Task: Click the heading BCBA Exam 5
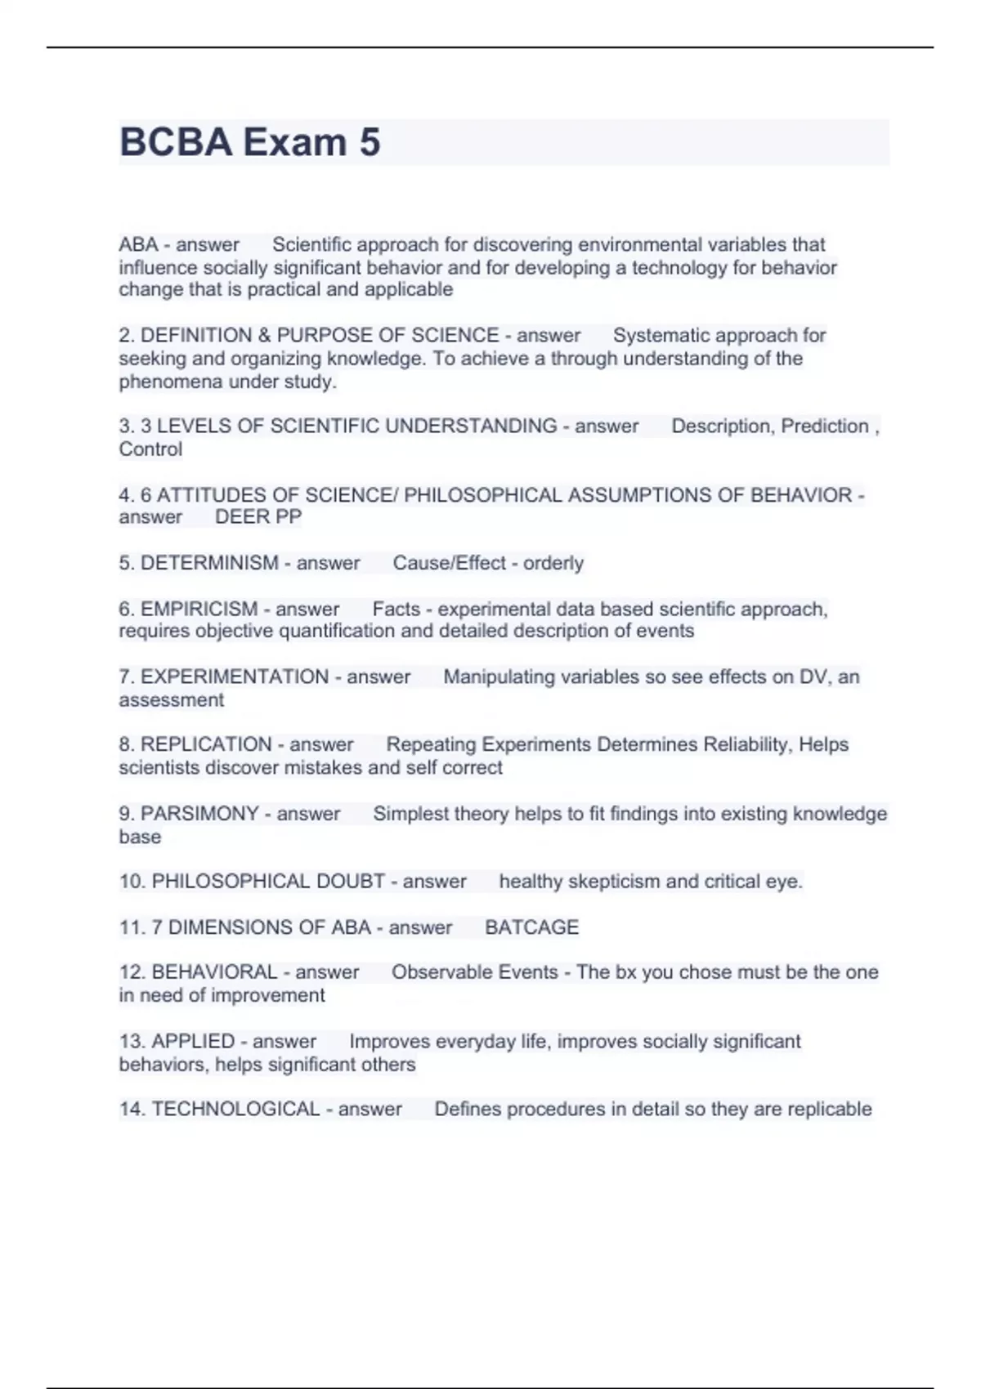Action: tap(250, 142)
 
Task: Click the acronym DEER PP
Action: tap(258, 517)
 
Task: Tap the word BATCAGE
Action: tap(531, 927)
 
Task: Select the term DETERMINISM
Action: tap(209, 563)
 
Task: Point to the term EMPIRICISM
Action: tap(199, 610)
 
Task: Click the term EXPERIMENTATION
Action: tap(235, 677)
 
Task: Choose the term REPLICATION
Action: tap(206, 745)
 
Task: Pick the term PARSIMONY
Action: tap(199, 814)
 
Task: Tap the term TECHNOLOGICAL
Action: tap(235, 1110)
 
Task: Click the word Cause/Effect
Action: tap(450, 563)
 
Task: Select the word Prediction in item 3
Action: tap(825, 427)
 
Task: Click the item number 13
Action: tap(131, 1042)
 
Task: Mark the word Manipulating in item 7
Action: tap(499, 677)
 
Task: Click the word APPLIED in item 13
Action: tap(193, 1042)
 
